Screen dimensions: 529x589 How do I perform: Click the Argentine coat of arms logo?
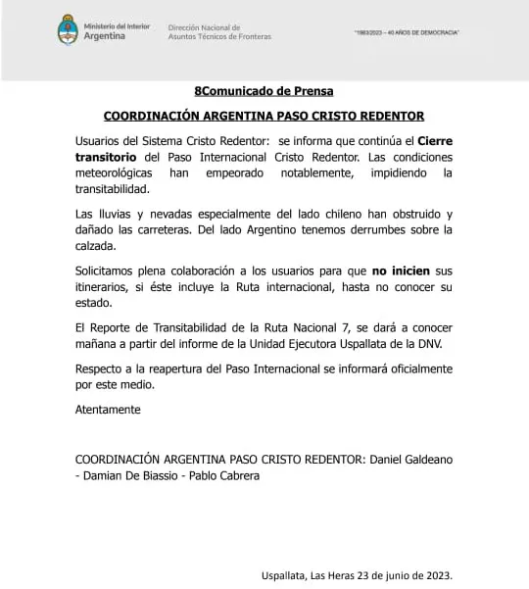click(x=68, y=29)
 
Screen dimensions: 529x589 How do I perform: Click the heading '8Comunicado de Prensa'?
click(x=264, y=91)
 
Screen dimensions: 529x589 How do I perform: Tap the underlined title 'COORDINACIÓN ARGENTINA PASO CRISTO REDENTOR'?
click(x=264, y=114)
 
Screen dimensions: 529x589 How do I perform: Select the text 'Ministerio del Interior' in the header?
click(x=117, y=25)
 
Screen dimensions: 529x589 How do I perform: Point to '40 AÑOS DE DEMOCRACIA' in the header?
click(x=422, y=33)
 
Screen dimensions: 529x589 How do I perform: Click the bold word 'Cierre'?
click(x=432, y=141)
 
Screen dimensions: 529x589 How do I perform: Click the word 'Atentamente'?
click(x=108, y=409)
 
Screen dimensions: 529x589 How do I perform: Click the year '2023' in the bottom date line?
click(x=435, y=575)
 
